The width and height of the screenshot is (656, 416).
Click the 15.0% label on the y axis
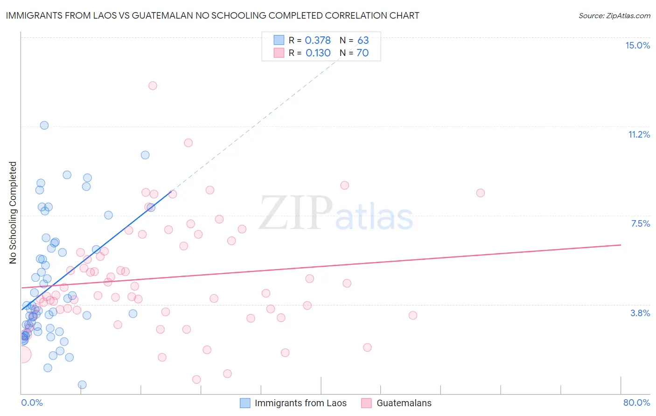(x=637, y=45)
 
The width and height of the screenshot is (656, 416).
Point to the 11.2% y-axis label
(x=639, y=134)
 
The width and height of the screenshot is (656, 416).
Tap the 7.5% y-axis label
(x=640, y=223)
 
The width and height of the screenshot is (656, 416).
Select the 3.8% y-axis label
(x=640, y=313)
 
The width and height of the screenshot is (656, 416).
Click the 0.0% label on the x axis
(x=32, y=402)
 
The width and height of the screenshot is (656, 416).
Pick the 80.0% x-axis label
(x=636, y=402)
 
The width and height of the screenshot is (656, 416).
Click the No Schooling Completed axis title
(x=13, y=213)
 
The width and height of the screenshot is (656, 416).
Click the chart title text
(x=212, y=15)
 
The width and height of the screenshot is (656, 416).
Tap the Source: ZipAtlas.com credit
(x=614, y=16)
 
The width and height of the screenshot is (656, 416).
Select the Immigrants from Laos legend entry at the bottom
(x=300, y=403)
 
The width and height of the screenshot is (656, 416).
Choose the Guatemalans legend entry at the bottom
(x=404, y=403)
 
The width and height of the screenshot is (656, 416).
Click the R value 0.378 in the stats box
(x=318, y=41)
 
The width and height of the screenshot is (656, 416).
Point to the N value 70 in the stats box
(x=363, y=53)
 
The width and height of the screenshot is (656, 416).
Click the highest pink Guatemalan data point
(x=153, y=86)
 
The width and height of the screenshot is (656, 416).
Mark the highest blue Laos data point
(x=44, y=125)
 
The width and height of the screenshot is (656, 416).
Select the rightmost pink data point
(x=480, y=193)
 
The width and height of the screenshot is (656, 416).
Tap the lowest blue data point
(x=82, y=385)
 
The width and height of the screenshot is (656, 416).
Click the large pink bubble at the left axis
(x=22, y=355)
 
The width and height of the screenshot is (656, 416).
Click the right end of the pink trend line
(x=621, y=245)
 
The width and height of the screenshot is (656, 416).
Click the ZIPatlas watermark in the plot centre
(x=336, y=214)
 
